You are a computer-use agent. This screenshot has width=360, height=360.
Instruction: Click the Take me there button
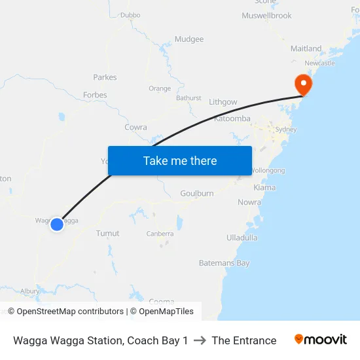pyautogui.click(x=180, y=160)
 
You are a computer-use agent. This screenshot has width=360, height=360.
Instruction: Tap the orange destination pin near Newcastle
pyautogui.click(x=303, y=84)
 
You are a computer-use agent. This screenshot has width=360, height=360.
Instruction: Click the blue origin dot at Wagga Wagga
pyautogui.click(x=57, y=225)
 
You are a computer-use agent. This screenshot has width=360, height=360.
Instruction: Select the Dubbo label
pyautogui.click(x=130, y=14)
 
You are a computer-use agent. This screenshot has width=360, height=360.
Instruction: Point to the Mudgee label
pyautogui.click(x=189, y=39)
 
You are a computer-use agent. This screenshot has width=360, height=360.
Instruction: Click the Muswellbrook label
pyautogui.click(x=266, y=16)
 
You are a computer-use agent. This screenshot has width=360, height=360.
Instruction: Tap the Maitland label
pyautogui.click(x=306, y=48)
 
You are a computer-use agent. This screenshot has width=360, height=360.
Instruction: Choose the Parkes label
pyautogui.click(x=105, y=77)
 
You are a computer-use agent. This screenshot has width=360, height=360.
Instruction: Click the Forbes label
pyautogui.click(x=95, y=95)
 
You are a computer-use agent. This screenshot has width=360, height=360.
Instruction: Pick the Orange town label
pyautogui.click(x=160, y=89)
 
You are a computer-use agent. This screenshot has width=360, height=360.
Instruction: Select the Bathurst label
pyautogui.click(x=189, y=98)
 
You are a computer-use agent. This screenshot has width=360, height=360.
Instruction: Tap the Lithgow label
pyautogui.click(x=223, y=102)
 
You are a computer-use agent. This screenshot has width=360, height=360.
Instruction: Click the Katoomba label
pyautogui.click(x=232, y=119)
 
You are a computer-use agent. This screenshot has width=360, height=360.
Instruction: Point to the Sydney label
pyautogui.click(x=285, y=130)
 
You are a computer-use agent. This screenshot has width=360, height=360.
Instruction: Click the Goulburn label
pyautogui.click(x=197, y=194)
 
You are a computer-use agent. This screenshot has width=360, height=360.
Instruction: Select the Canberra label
pyautogui.click(x=160, y=234)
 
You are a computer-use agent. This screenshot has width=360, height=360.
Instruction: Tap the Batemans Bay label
pyautogui.click(x=224, y=263)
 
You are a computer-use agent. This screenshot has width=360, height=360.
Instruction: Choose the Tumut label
pyautogui.click(x=107, y=233)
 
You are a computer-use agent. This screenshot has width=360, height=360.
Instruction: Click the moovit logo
pyautogui.click(x=320, y=340)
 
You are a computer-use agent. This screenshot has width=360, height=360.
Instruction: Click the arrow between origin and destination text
pyautogui.click(x=200, y=340)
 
